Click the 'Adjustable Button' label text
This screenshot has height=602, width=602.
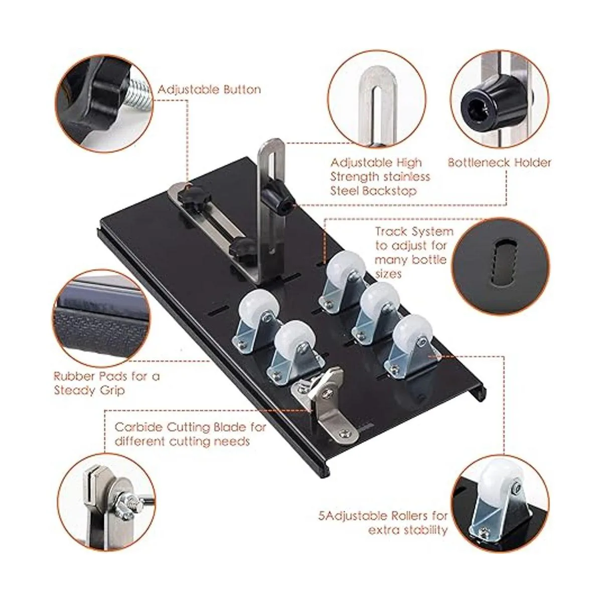click(209, 90)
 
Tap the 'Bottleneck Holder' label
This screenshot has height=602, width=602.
click(500, 163)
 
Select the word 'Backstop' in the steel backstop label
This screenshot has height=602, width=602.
click(390, 191)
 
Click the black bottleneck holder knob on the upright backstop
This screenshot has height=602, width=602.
click(278, 199)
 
